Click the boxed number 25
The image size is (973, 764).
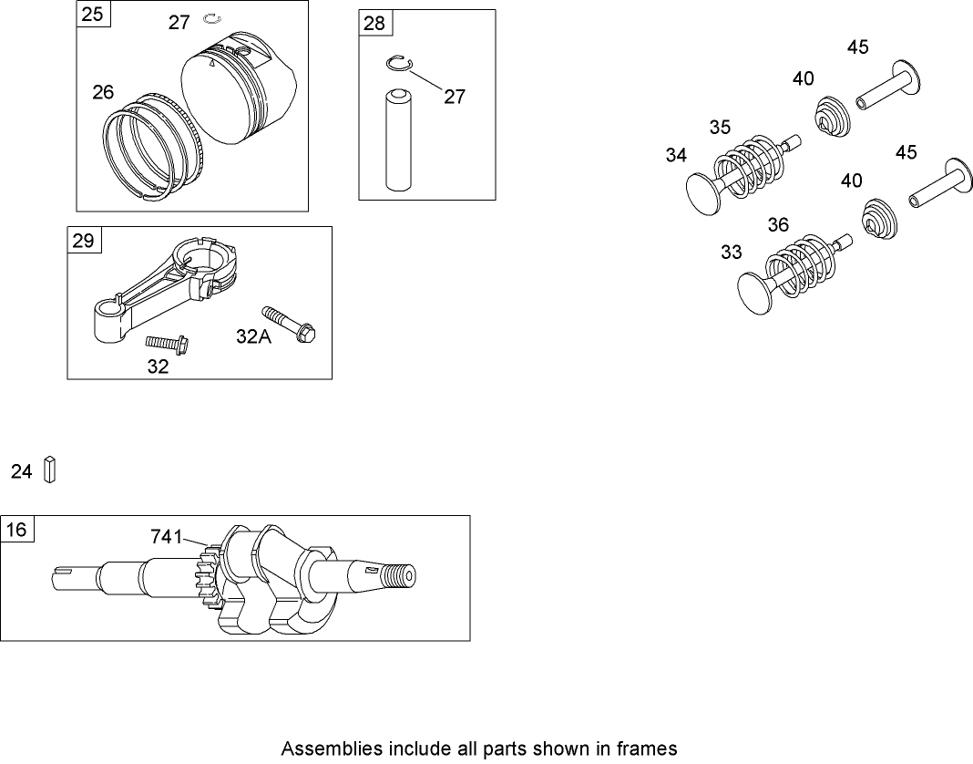[92, 15]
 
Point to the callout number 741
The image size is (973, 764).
[167, 538]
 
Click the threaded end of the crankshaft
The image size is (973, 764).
[397, 577]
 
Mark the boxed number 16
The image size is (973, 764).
[16, 529]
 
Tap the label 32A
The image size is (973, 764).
[253, 336]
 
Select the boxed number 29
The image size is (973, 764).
[84, 241]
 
